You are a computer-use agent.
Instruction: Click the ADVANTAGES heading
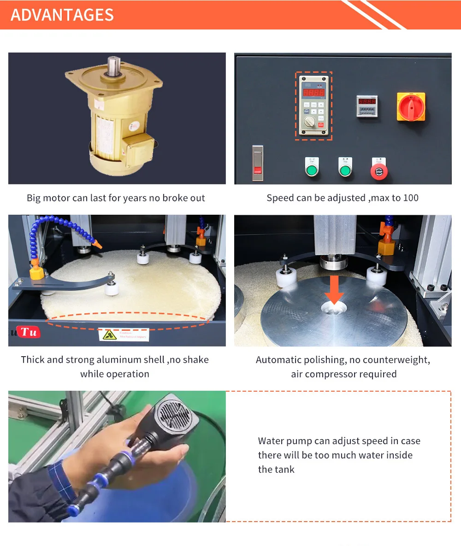pyautogui.click(x=62, y=15)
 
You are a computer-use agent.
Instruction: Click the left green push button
pyautogui.click(x=312, y=170)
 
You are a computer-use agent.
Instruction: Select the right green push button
pyautogui.click(x=345, y=170)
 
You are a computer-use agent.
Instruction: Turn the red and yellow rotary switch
pyautogui.click(x=411, y=106)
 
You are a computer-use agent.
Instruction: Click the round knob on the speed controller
pyautogui.click(x=309, y=122)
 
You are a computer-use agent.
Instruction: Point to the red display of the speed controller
pyautogui.click(x=313, y=93)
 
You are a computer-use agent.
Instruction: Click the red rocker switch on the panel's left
pyautogui.click(x=258, y=163)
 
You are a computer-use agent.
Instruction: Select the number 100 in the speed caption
pyautogui.click(x=410, y=198)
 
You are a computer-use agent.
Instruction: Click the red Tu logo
pyautogui.click(x=28, y=332)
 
